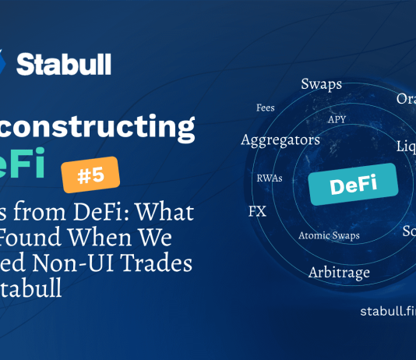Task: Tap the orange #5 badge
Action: [91, 175]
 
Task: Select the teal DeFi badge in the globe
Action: [353, 185]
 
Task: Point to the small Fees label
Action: [265, 108]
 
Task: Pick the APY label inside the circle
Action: [337, 119]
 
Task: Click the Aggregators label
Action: [280, 140]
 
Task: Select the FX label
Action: [257, 211]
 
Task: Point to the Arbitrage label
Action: [339, 273]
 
